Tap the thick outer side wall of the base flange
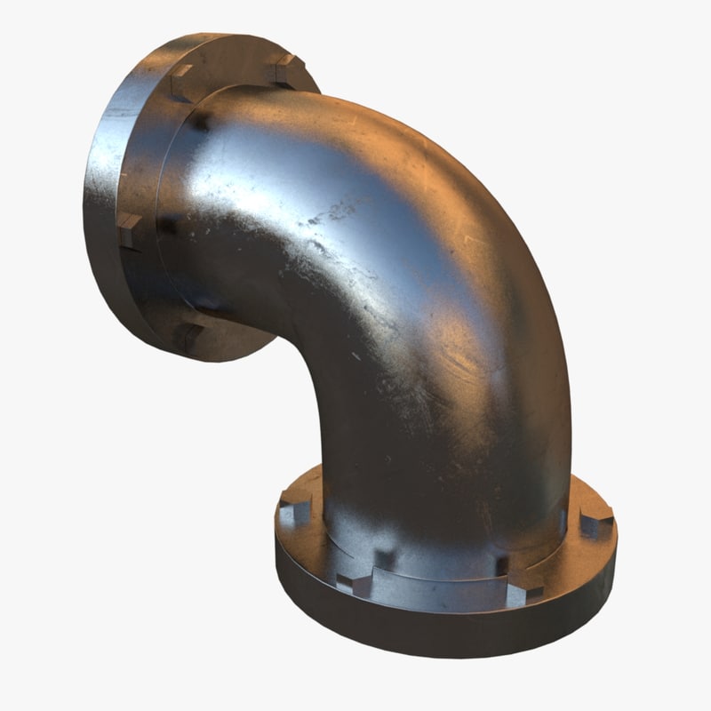(427, 627)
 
